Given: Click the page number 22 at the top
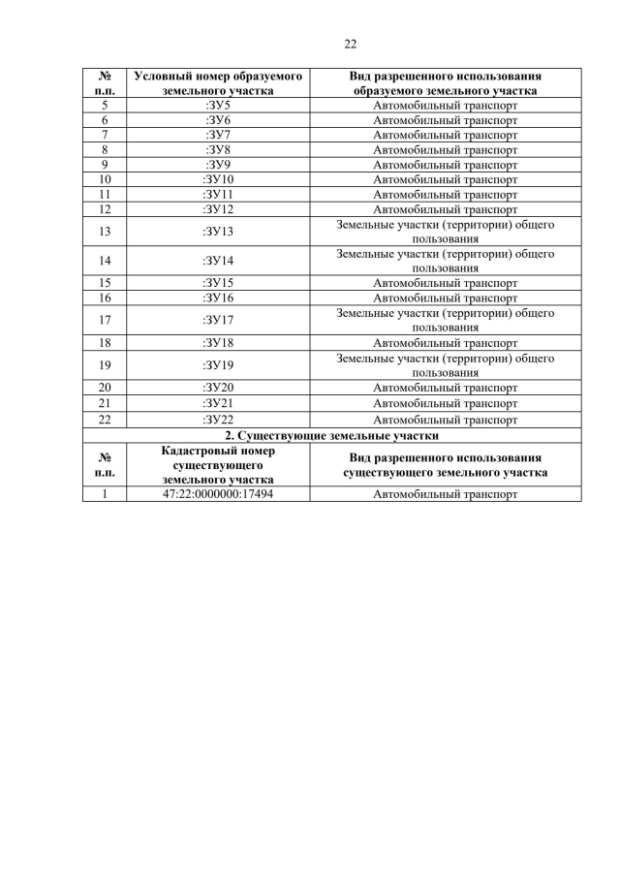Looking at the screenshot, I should pos(351,44).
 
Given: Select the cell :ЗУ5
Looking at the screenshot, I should pos(218,105).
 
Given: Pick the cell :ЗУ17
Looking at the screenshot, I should pos(218,320).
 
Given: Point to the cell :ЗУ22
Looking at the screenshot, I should pos(218,420).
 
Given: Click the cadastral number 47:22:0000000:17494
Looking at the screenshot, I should pos(218,494).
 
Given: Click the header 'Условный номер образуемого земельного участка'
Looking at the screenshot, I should pos(218,82).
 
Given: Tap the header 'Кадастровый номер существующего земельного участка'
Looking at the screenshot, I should pos(218,465).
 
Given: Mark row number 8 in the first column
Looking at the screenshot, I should pos(105,150).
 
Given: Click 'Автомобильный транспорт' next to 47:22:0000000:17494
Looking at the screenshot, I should pos(446,494).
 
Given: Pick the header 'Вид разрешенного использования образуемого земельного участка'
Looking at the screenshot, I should pos(446,82).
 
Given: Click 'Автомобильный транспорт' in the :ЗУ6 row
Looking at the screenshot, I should pos(446,120).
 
